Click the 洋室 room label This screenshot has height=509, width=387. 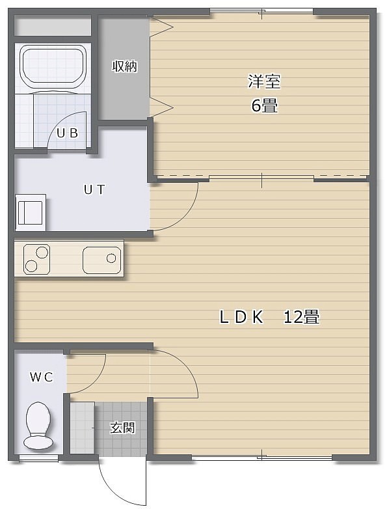pos(264,81)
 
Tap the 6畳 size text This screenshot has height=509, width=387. pos(264,105)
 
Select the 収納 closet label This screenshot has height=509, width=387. pos(125,66)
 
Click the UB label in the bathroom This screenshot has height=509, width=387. pos(68,133)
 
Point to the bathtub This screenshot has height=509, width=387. pos(53,67)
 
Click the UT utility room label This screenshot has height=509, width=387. pos(94,189)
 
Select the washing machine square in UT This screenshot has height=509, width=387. pos(31,213)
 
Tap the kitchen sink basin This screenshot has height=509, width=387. pos(102,260)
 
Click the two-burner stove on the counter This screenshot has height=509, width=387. pos(36,258)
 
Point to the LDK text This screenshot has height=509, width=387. pos(241,317)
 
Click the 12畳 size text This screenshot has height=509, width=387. pos(301,317)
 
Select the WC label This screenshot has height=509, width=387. pos(41,378)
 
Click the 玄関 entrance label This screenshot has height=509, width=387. pos(122,428)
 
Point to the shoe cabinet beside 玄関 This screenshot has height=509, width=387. pos(83,428)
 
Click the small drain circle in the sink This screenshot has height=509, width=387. pos(111,258)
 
